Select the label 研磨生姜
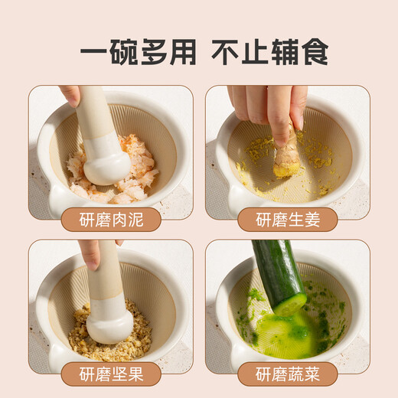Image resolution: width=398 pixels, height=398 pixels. (x=287, y=220)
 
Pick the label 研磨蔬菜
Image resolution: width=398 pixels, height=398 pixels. (x=287, y=374)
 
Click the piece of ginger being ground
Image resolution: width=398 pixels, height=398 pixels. (x=287, y=157)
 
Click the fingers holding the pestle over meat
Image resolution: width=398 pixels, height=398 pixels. (x=70, y=94)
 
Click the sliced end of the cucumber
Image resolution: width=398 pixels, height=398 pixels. (x=291, y=305)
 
